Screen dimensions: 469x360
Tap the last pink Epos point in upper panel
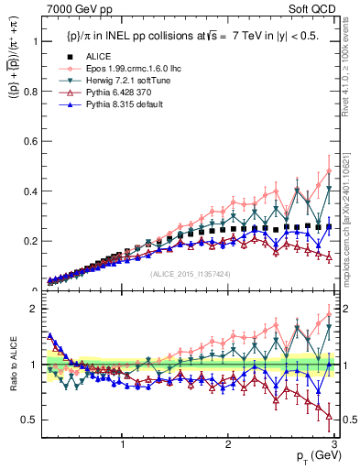tap(329, 170)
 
